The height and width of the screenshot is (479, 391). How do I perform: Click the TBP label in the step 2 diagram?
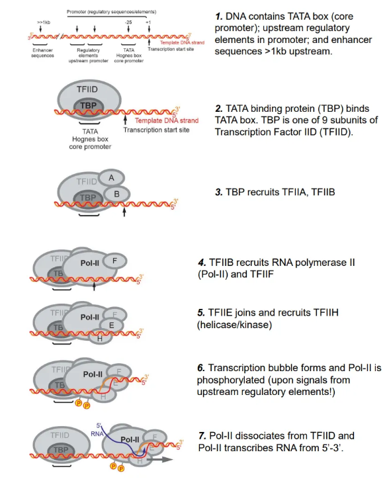pyautogui.click(x=87, y=106)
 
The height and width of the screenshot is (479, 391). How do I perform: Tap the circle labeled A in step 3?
pyautogui.click(x=112, y=177)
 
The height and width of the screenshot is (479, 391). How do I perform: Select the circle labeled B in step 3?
pyautogui.click(x=117, y=194)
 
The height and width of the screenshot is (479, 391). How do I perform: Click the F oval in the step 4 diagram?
pyautogui.click(x=114, y=261)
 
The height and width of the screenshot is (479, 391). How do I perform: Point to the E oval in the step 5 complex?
pyautogui.click(x=111, y=325)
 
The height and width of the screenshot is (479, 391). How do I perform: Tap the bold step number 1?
pyautogui.click(x=220, y=15)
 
